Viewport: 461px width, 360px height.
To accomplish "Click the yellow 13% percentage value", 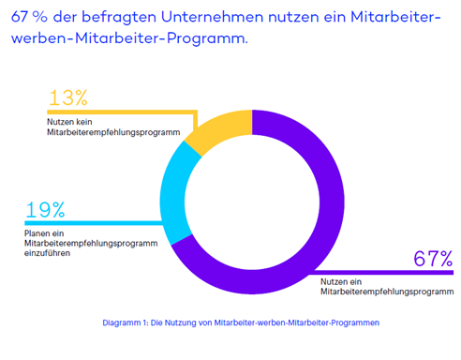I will point(67,97).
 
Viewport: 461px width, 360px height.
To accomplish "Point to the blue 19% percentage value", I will point(45,210).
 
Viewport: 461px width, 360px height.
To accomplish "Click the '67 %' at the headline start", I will point(29,17).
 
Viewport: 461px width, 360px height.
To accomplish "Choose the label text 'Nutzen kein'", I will point(70,122).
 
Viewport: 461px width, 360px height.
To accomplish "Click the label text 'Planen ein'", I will point(46,232).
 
